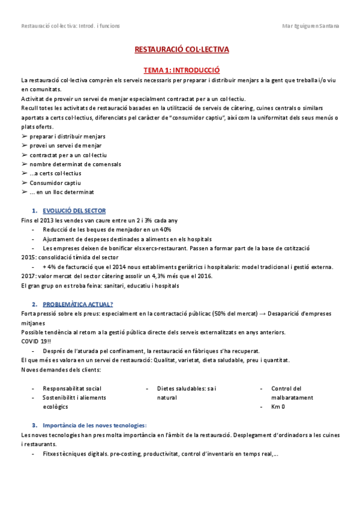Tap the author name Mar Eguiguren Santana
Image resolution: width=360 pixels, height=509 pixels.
[310, 26]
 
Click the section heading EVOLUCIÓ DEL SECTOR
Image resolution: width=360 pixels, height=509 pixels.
[74, 211]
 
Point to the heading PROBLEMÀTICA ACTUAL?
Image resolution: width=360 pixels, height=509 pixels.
[78, 304]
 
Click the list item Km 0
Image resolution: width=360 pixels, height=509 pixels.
[278, 407]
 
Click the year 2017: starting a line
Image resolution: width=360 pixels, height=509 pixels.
[29, 276]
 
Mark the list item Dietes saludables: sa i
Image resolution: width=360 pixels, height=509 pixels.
[187, 388]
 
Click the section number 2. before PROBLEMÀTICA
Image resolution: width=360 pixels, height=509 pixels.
[34, 304]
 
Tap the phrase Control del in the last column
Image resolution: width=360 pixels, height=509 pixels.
[287, 388]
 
